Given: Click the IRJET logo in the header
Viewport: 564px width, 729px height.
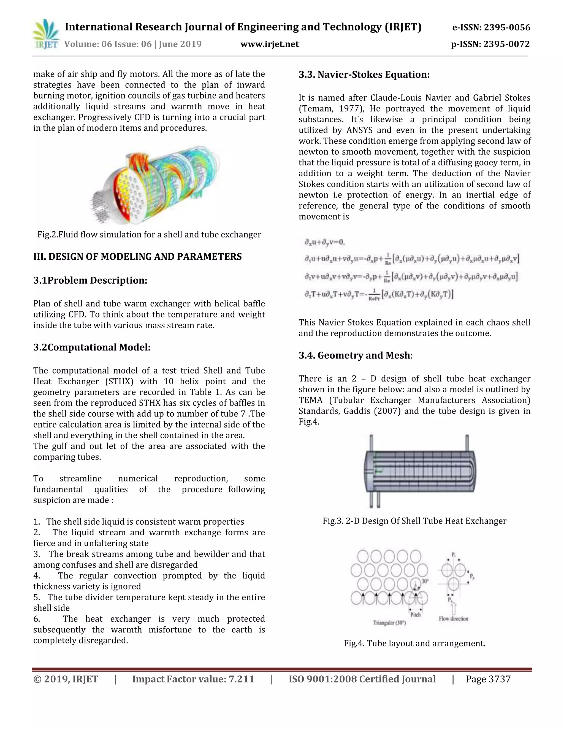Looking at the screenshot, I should [46, 35].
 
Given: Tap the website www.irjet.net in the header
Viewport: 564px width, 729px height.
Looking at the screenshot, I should [269, 44].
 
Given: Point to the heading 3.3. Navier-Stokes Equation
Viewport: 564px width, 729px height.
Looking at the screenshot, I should [364, 75].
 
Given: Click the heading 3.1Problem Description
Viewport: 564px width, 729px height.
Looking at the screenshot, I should [90, 280].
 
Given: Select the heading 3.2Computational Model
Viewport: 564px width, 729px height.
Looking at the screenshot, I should [92, 347].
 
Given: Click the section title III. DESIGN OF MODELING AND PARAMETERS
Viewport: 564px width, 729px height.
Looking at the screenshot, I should [137, 256].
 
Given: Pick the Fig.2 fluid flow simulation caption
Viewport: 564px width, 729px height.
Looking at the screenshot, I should [149, 234].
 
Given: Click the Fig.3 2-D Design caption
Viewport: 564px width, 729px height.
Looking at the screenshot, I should [414, 521].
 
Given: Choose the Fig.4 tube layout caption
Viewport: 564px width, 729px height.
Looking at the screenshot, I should [414, 643].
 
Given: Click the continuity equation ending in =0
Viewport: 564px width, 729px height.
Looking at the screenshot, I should [324, 242].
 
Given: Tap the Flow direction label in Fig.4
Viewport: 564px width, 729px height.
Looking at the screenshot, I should [453, 618].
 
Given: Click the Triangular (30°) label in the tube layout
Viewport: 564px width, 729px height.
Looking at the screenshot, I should [389, 623].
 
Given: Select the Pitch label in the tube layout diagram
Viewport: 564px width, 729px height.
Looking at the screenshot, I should [415, 615].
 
